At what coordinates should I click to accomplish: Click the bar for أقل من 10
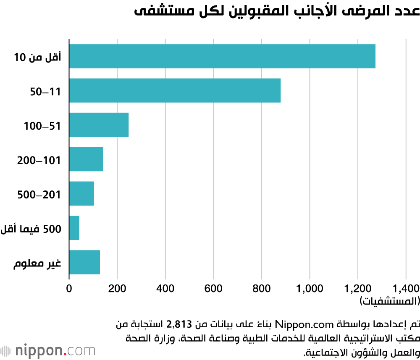(222, 56)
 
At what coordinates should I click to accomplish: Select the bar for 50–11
(175, 91)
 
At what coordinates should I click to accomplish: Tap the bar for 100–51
(99, 125)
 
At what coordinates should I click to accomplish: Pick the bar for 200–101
(86, 159)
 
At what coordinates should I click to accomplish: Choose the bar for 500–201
(81, 193)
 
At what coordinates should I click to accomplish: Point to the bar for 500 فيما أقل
(74, 228)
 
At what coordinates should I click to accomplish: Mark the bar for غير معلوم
(84, 262)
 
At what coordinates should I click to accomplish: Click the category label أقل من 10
(37, 57)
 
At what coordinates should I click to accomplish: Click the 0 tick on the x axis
(69, 288)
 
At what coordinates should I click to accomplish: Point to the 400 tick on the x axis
(165, 288)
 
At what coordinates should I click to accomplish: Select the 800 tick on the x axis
(262, 288)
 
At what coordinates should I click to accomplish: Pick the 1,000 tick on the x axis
(310, 288)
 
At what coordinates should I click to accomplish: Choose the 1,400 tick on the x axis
(406, 288)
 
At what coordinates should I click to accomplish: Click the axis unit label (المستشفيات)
(389, 300)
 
